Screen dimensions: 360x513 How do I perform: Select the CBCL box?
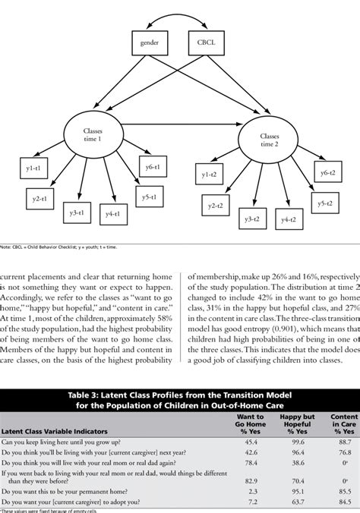tap(210, 43)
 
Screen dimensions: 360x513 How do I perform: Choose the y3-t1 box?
tap(77, 215)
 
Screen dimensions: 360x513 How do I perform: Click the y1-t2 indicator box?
tap(209, 176)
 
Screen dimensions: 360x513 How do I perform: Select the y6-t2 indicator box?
tap(328, 174)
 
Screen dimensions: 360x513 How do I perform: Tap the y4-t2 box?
tap(287, 219)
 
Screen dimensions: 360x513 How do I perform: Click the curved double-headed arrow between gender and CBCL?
tap(179, 17)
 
